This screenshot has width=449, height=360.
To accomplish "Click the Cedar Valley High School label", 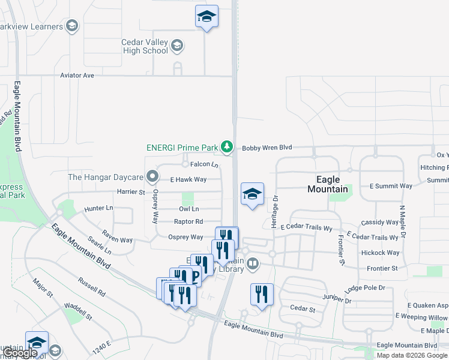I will coord(144,46).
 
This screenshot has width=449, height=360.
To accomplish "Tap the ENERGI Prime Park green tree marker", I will coord(226,146).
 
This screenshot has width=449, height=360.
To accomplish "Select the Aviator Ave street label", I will coord(77,76).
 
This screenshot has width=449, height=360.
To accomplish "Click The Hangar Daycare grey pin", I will coord(152,177).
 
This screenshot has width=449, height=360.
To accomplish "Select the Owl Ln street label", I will coord(188,209).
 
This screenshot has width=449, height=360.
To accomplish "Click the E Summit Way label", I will coord(391,186).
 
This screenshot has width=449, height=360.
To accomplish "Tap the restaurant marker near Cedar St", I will coord(262,295).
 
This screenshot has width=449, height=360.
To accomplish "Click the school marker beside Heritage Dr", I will coord(253,194).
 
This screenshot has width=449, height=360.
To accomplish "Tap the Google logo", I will coord(19,353).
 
